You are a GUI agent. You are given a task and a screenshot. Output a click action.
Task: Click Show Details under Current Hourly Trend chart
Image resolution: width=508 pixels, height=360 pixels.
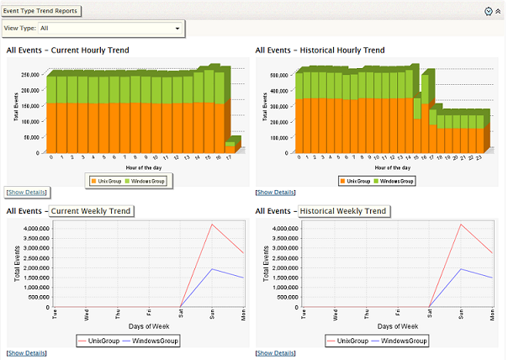click(x=27, y=193)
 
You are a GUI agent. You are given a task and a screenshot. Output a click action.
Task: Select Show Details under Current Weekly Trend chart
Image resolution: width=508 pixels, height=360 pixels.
click(x=27, y=352)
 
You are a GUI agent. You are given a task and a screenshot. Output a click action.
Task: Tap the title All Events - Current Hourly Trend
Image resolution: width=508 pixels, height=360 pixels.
click(x=68, y=50)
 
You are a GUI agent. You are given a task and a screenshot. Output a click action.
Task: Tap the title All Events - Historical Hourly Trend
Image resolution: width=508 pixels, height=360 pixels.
click(x=320, y=50)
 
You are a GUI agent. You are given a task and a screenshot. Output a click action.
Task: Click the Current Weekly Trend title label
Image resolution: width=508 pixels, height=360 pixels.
click(x=91, y=210)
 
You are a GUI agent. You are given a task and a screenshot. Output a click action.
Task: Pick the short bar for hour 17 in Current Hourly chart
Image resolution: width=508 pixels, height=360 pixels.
click(x=232, y=146)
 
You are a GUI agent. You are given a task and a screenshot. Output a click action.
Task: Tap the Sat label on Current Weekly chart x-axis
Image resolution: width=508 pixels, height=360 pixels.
click(x=182, y=314)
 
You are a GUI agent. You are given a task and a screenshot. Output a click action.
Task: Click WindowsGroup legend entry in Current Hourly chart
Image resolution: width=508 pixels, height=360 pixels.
click(x=149, y=180)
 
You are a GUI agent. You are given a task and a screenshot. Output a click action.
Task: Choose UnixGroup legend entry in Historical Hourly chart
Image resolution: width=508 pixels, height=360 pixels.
click(x=356, y=180)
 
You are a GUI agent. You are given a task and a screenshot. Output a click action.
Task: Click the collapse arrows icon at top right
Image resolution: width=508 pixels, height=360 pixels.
click(x=498, y=11)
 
